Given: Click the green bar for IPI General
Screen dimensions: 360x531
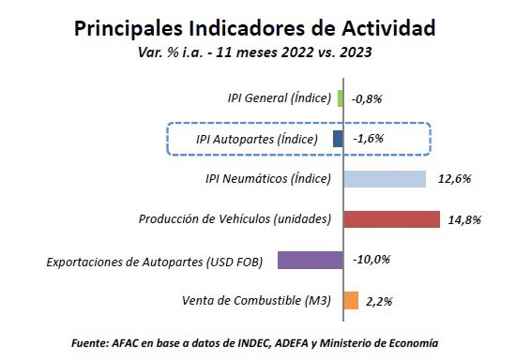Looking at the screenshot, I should click(340, 98).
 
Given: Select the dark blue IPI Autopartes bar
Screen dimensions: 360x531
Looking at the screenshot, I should click(338, 139).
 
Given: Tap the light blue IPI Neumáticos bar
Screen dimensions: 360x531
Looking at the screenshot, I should click(385, 179).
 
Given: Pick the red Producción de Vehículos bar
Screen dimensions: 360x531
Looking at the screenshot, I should click(391, 219).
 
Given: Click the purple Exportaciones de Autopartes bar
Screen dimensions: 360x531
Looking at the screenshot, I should click(311, 260).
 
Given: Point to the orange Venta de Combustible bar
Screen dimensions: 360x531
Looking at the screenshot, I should click(351, 300).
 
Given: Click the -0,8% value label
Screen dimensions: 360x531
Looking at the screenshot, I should click(367, 98).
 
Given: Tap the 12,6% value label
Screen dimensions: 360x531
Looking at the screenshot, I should click(453, 179).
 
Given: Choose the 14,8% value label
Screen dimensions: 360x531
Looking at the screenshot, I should click(466, 220).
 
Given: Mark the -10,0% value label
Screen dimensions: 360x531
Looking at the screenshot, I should click(371, 261).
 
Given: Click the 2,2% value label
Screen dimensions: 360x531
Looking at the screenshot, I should click(378, 301).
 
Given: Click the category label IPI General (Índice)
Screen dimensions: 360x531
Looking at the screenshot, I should click(279, 98).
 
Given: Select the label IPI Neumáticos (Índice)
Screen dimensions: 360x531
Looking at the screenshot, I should click(267, 179).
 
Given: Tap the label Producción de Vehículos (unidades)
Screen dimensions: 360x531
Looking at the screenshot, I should click(235, 219).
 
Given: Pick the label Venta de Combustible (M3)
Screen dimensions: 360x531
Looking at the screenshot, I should click(255, 300).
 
